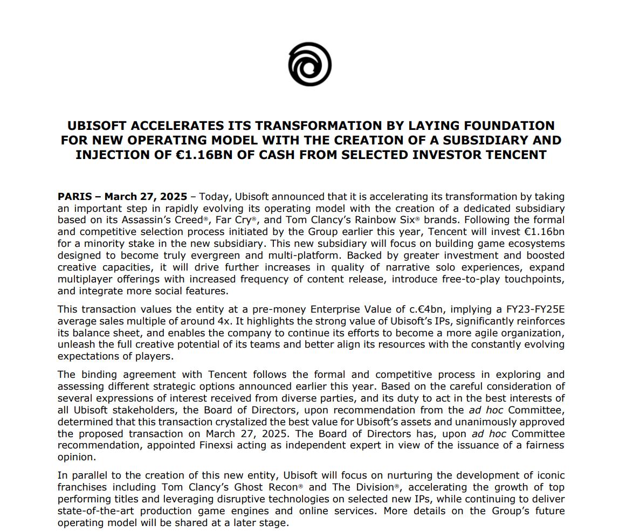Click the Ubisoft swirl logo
tap(309, 65)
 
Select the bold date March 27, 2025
tap(146, 196)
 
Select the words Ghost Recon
tap(264, 487)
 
